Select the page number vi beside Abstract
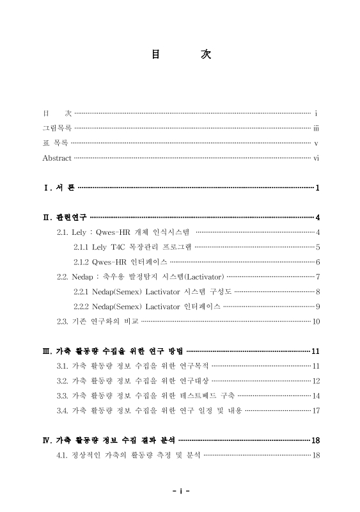[316, 158]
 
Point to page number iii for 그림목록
[316, 127]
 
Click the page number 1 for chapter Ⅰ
[317, 188]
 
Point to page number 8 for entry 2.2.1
[317, 291]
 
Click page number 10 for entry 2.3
[315, 321]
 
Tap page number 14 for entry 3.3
[315, 396]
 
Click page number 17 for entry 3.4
[315, 410]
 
